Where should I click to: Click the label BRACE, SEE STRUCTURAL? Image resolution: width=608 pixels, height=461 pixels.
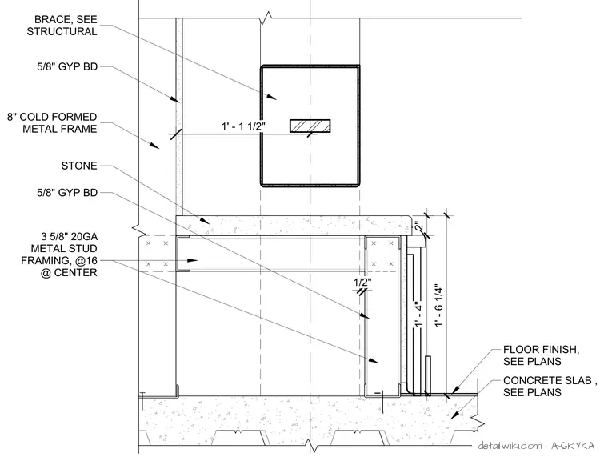tap(62, 26)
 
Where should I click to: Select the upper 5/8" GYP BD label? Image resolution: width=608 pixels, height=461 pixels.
tap(67, 66)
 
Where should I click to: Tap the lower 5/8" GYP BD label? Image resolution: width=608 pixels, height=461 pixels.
tap(67, 192)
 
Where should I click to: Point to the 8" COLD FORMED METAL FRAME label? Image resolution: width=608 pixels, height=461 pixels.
tap(52, 123)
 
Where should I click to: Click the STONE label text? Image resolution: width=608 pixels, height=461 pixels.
tap(79, 166)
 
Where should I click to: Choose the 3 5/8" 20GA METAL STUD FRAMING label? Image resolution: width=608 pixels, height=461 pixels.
tap(59, 255)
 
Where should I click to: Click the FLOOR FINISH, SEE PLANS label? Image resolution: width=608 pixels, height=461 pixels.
tap(542, 355)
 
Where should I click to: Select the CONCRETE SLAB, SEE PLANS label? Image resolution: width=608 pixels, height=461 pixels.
tap(550, 386)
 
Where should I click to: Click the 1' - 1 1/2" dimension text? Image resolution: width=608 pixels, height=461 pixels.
tap(243, 126)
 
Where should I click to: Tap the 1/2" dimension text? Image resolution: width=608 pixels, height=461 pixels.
tap(363, 282)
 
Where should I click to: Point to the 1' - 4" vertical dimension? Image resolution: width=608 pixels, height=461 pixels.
tap(418, 315)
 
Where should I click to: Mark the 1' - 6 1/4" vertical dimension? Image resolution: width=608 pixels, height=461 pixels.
tap(438, 307)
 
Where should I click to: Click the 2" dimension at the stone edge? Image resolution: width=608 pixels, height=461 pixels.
tap(418, 226)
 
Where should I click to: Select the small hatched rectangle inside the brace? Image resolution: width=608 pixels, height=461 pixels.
tap(310, 126)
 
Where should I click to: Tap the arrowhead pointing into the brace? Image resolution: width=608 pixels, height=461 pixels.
tap(272, 98)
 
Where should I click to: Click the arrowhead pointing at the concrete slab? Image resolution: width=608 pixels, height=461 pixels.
tap(454, 416)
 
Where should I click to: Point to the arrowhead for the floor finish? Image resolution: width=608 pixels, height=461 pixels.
tap(455, 389)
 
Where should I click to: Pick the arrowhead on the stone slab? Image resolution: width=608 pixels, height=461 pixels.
tap(205, 221)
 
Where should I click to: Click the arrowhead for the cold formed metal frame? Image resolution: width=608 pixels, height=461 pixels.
tap(154, 146)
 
